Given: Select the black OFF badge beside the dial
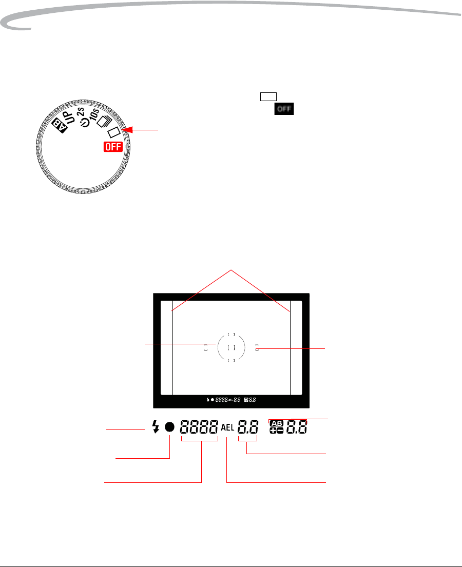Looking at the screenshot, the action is pyautogui.click(x=284, y=108).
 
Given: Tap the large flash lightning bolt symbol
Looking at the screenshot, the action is pyautogui.click(x=157, y=427).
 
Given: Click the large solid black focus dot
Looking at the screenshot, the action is pyautogui.click(x=170, y=427).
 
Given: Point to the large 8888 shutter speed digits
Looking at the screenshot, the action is pyautogui.click(x=199, y=427).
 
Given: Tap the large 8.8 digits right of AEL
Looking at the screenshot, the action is pyautogui.click(x=248, y=427).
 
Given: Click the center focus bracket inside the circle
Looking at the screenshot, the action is pyautogui.click(x=232, y=347).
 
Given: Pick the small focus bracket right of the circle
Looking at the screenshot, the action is pyautogui.click(x=257, y=347).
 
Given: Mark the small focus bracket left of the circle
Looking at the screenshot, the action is pyautogui.click(x=206, y=347).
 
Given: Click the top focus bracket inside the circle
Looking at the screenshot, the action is pyautogui.click(x=232, y=334).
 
